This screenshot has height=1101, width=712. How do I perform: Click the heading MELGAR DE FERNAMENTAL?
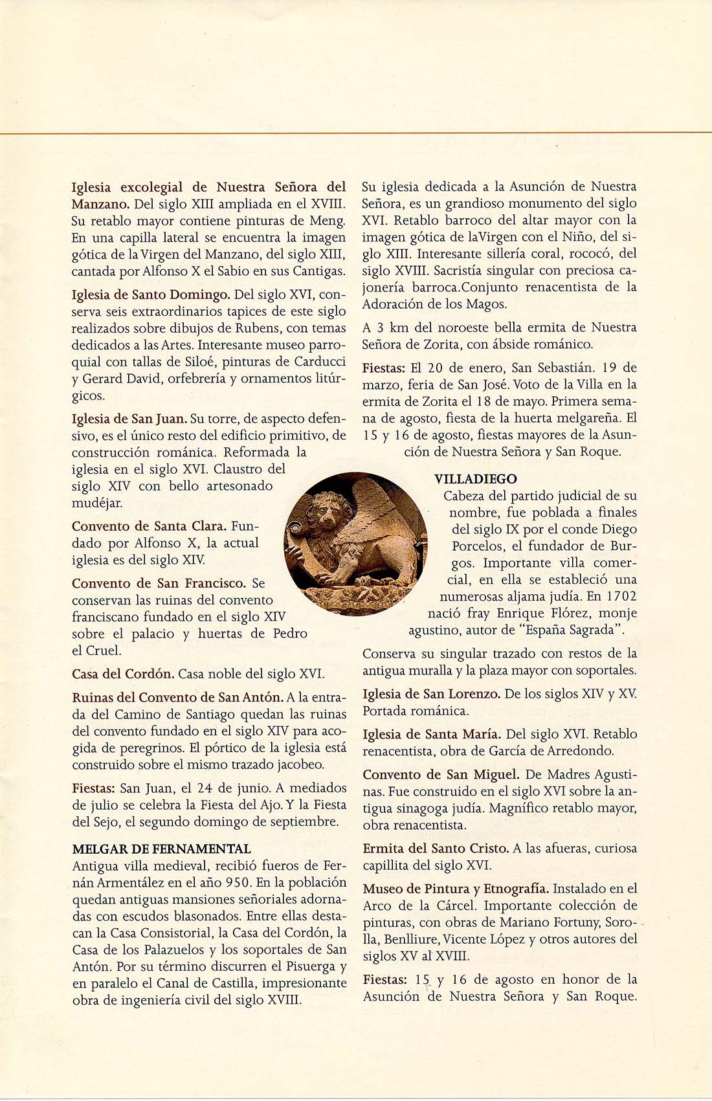[x=161, y=849]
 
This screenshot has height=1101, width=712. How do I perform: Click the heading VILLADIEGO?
[x=475, y=479]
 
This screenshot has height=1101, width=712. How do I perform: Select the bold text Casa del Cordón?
[x=123, y=674]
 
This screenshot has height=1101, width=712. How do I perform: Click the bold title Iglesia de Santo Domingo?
[x=151, y=295]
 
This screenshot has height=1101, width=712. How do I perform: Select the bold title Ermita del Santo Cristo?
[x=436, y=848]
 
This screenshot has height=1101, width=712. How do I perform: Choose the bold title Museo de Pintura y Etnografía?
[x=456, y=889]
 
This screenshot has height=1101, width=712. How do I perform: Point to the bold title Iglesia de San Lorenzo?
[x=431, y=694]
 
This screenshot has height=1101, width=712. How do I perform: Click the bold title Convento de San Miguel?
[x=441, y=774]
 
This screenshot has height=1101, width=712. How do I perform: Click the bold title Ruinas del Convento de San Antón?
[x=177, y=697]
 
